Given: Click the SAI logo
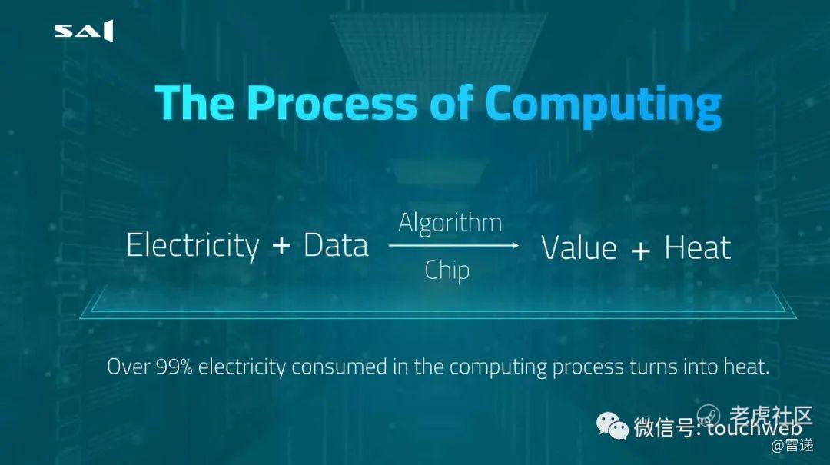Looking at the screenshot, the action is point(84,31).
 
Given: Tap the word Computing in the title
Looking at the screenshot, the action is point(603,107).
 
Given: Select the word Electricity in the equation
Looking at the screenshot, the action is point(193,246).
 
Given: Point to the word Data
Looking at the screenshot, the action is point(336,246).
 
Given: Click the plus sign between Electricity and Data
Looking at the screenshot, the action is point(281,246).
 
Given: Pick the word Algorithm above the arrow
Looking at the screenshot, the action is point(450,223).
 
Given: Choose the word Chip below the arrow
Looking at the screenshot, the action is point(447,271).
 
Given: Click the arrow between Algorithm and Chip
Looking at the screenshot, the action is point(453,246).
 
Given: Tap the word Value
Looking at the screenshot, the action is point(579,247).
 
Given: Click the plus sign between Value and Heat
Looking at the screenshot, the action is point(640,250).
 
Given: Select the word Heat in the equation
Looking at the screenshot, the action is point(698,247).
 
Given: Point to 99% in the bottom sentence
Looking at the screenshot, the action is point(174,367).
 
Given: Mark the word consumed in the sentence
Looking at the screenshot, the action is point(339,367).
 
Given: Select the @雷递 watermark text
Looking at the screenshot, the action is point(792,446).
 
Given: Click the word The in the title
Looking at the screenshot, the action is point(194,103).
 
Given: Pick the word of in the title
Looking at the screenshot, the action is point(451,102).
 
